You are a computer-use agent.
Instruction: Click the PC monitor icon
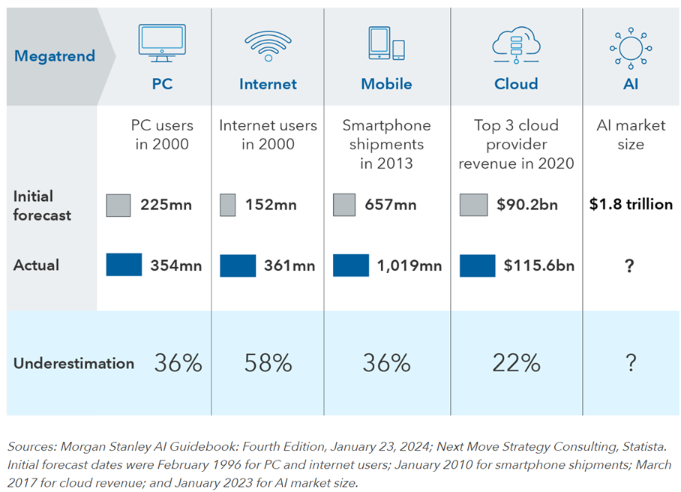162,43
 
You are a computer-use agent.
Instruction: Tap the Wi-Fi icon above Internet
268,46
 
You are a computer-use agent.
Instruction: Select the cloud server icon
516,43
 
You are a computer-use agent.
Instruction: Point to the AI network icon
630,45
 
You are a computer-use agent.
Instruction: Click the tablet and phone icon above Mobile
386,43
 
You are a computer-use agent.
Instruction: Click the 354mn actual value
171,265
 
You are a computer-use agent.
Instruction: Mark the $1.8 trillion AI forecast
631,204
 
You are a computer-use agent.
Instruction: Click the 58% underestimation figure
268,364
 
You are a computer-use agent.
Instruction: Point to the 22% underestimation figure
516,364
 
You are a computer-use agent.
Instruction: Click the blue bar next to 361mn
238,265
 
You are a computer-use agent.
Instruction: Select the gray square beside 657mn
344,204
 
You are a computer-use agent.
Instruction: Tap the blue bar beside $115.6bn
478,265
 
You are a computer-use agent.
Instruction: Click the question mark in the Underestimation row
631,364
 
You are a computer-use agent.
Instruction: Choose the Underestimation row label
73,364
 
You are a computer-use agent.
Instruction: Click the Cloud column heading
516,84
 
